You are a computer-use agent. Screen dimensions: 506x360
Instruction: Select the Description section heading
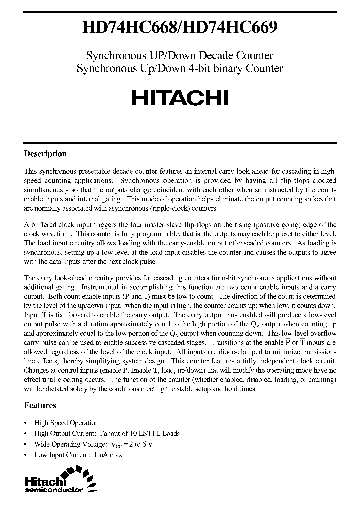coord(45,154)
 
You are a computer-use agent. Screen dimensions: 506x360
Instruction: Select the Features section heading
coord(40,405)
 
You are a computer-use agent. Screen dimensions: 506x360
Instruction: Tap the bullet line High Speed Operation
coord(66,423)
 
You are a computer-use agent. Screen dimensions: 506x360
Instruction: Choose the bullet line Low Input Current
coord(78,455)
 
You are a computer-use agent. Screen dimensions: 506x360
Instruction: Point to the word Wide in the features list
coord(42,444)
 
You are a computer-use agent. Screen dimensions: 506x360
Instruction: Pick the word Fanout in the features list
coord(109,433)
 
